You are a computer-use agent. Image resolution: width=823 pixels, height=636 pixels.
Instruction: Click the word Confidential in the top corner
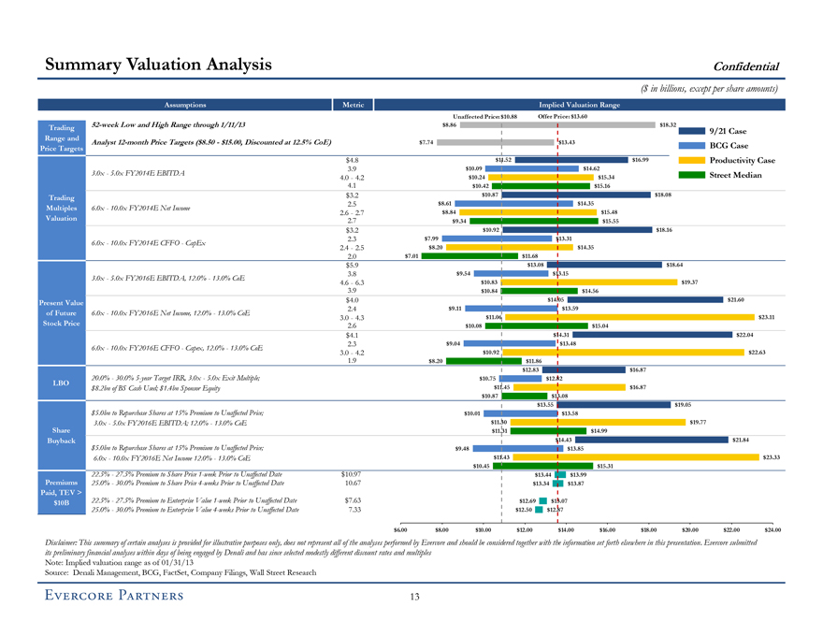tap(746, 65)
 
